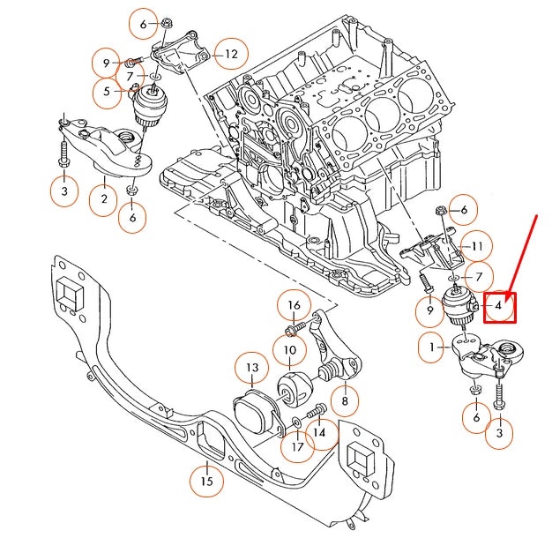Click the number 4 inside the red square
[x=498, y=306]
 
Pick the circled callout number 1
[x=433, y=348]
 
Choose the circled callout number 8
[x=344, y=401]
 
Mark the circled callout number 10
[x=290, y=350]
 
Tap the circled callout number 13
[x=252, y=367]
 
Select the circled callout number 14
[x=319, y=433]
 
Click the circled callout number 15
[x=206, y=482]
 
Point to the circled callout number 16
[x=295, y=306]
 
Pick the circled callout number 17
[x=297, y=446]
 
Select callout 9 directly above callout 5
[x=106, y=63]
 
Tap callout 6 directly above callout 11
[x=464, y=209]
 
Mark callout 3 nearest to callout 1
[x=500, y=433]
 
